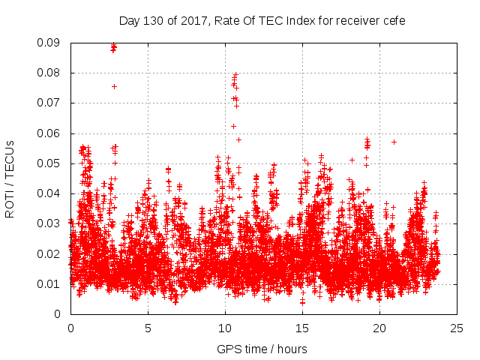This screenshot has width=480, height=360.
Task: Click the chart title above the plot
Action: (262, 21)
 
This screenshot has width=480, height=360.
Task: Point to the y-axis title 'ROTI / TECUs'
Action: (10, 178)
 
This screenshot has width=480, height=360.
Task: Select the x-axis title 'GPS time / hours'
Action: (262, 349)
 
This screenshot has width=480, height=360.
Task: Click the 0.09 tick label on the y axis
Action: (50, 43)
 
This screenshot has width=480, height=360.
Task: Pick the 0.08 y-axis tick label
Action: (50, 73)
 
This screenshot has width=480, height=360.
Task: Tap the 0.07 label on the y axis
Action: (50, 103)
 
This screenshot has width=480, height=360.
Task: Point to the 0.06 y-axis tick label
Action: (50, 133)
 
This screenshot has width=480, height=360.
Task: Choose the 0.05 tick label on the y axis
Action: (50, 163)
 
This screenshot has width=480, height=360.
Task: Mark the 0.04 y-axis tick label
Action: (50, 193)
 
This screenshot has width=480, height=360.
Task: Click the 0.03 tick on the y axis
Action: (50, 223)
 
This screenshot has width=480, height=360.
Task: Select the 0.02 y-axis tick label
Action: (50, 253)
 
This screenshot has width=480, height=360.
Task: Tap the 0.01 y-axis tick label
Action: (50, 283)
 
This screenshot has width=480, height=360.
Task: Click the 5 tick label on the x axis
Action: (148, 328)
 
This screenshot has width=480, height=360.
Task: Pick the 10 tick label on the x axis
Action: (225, 328)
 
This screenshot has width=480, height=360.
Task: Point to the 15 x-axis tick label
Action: (302, 328)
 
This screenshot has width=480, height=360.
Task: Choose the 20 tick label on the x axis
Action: (379, 328)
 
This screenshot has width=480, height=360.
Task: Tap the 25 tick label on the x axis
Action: (457, 328)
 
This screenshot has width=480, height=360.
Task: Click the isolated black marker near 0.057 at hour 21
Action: (394, 142)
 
